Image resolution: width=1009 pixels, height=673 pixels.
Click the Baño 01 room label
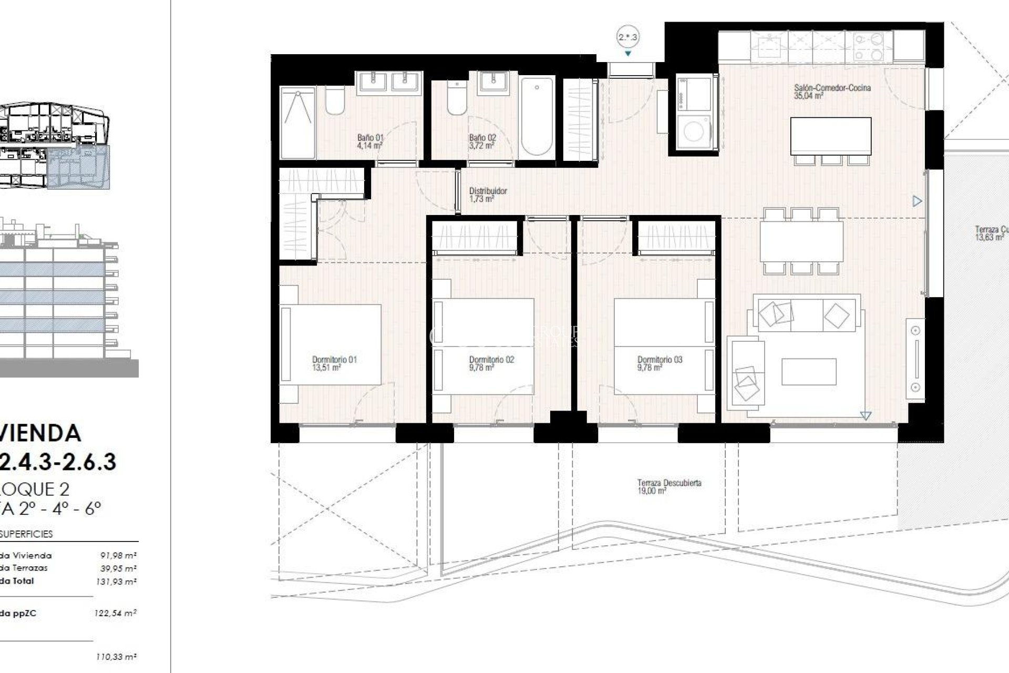(x=370, y=141)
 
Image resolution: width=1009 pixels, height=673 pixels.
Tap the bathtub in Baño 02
(x=537, y=116)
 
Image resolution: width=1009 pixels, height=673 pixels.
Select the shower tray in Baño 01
(x=297, y=123)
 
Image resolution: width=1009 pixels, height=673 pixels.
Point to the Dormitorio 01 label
(x=334, y=360)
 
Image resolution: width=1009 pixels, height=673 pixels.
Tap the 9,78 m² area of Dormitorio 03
(x=650, y=368)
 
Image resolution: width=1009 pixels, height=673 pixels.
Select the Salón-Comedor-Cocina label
(x=832, y=88)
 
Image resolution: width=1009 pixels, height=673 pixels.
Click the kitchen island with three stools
(x=830, y=136)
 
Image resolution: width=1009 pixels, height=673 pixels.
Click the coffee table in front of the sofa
(x=808, y=372)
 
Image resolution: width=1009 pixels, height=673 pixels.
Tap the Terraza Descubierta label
(x=669, y=483)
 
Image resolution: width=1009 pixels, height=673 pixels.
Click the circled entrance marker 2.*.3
(x=627, y=37)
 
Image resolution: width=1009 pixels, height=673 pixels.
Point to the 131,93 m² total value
(x=118, y=582)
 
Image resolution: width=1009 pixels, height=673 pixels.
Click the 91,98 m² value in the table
(x=118, y=555)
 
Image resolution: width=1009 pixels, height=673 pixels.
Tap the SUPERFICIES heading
(x=26, y=534)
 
